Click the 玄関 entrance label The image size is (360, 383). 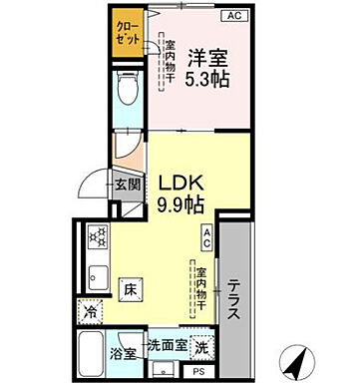coord(124,184)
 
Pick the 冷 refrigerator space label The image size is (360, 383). coord(90,311)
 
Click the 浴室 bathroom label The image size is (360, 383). coord(124,353)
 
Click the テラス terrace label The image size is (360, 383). coord(232,296)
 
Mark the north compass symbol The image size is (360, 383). coord(296,357)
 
